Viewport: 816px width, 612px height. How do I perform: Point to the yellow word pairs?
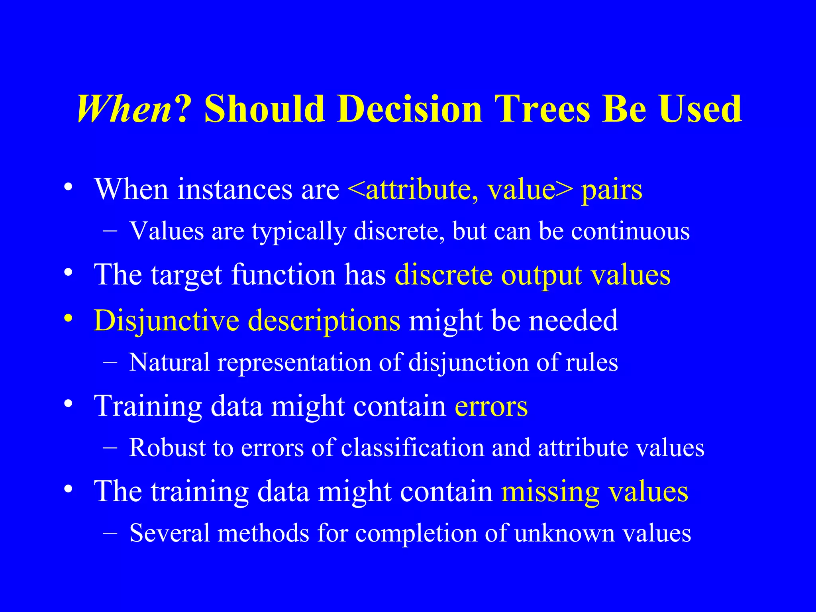(612, 190)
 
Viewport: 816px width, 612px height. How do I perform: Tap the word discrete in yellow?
(443, 275)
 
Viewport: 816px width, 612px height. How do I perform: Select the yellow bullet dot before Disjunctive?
(69, 318)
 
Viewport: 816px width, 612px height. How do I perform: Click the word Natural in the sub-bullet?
(169, 363)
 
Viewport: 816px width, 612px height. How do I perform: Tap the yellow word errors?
(491, 407)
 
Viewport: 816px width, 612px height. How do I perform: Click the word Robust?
(167, 448)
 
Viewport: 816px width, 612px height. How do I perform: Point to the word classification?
(412, 448)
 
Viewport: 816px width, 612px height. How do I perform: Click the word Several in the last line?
(169, 533)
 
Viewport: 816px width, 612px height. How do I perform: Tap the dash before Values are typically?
(110, 231)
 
